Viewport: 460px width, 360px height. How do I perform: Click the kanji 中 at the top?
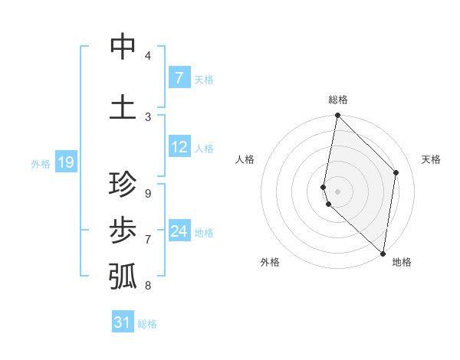[123, 47]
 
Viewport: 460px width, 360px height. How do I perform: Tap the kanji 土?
[123, 107]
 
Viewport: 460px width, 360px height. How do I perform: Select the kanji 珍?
[123, 185]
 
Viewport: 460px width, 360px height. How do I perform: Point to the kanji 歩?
[123, 230]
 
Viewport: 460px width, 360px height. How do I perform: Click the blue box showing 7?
[179, 77]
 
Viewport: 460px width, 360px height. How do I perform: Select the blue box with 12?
[179, 147]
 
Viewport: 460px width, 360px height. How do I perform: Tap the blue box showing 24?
[179, 231]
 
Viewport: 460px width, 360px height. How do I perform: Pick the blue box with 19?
[65, 162]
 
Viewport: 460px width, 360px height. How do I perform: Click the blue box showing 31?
[123, 322]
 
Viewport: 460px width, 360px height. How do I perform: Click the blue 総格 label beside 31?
[147, 324]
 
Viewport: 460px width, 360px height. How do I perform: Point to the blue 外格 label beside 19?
[40, 163]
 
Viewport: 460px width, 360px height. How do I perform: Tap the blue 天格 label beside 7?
[204, 79]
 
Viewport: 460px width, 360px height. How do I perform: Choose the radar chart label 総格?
[338, 100]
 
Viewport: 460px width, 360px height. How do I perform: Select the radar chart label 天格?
[431, 159]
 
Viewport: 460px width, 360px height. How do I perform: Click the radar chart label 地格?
[402, 262]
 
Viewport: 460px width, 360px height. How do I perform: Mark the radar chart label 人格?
[245, 159]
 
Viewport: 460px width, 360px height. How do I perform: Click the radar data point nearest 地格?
[383, 253]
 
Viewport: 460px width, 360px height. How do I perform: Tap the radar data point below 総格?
[337, 116]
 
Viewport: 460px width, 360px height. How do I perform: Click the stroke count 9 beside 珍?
[147, 193]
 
